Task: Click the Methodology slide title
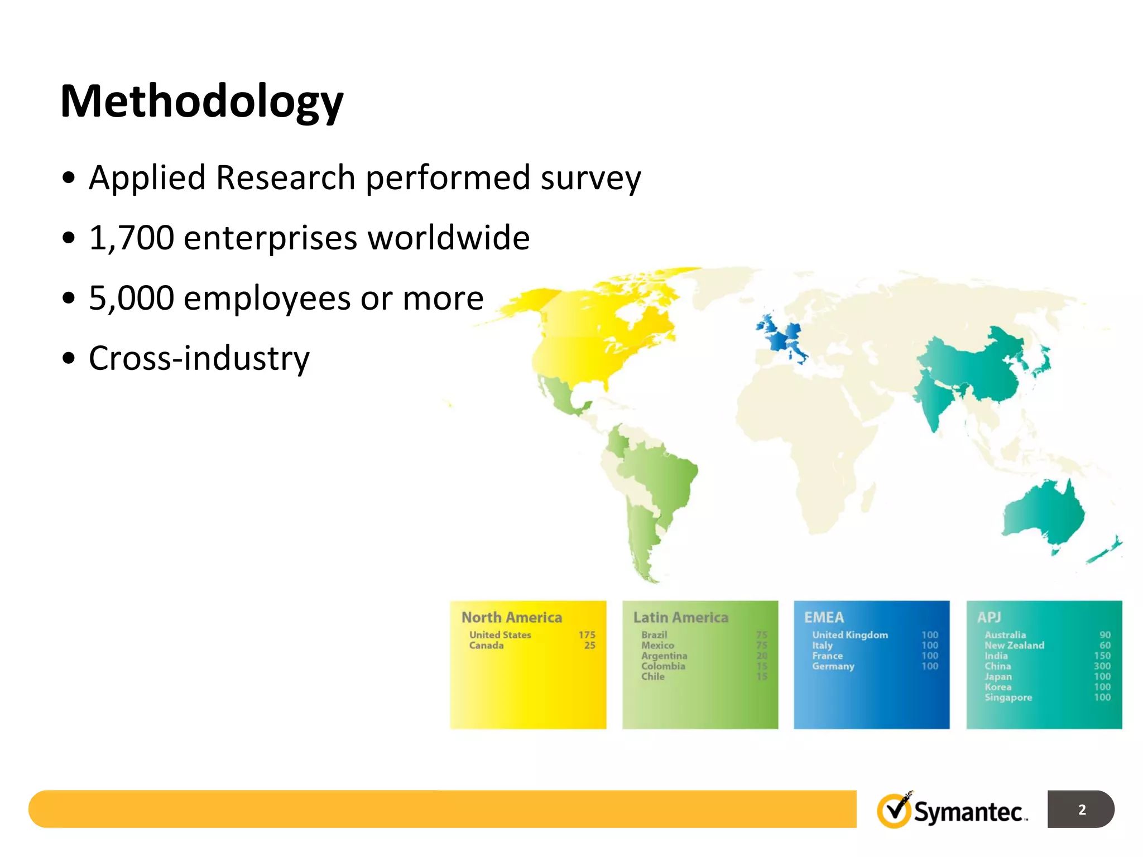pos(201,102)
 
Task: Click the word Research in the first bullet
pos(285,178)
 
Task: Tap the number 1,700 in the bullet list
pos(132,238)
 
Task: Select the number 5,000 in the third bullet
pos(132,298)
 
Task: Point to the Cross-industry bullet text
pos(199,358)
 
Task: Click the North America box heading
pos(511,617)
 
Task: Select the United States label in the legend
pos(500,635)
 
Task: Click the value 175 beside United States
pos(587,635)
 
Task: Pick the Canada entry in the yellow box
pos(486,646)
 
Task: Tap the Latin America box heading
pos(680,617)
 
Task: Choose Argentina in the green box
pos(664,656)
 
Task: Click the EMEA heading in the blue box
pos(824,617)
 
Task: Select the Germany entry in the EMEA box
pos(833,666)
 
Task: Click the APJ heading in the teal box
pos(988,617)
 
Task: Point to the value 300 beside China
pos(1102,666)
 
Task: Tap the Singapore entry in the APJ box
pos(1008,697)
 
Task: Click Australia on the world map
pos(1043,513)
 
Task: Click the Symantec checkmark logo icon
pos(894,810)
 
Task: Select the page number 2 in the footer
pos(1082,810)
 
